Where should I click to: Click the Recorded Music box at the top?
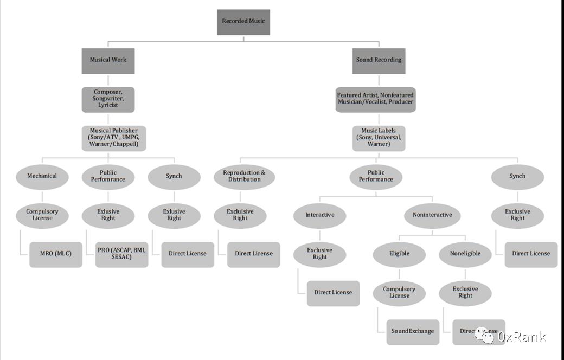point(243,22)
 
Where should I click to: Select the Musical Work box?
point(108,60)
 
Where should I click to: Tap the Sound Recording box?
point(379,60)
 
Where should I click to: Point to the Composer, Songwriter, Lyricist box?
point(108,99)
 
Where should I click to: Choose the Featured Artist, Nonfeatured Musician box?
point(375,99)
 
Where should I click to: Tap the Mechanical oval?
point(42,176)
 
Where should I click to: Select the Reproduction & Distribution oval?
point(244,176)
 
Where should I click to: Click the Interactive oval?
point(319,215)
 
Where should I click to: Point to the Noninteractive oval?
point(432,215)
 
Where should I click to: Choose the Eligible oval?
point(399,254)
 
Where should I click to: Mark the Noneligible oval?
point(465,254)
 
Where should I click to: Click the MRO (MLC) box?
point(56,254)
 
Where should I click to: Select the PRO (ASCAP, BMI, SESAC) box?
point(122,254)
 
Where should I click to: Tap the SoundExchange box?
point(413,331)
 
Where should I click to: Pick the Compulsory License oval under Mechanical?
point(42,215)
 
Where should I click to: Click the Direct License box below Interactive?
point(333,293)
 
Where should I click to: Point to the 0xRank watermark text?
point(522,337)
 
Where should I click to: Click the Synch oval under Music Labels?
point(517,176)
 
